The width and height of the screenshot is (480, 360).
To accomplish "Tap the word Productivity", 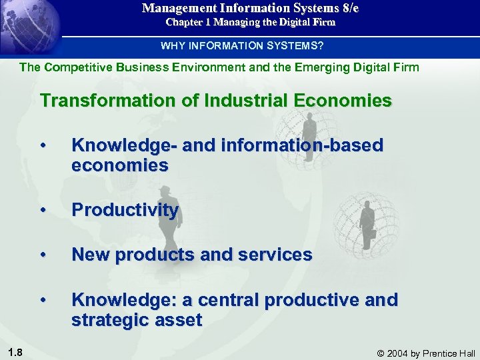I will click(125, 210).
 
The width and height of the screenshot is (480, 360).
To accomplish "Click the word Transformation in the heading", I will click(107, 101).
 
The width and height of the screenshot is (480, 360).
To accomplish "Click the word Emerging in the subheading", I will click(328, 67).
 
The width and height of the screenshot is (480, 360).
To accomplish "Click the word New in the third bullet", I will click(91, 254).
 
